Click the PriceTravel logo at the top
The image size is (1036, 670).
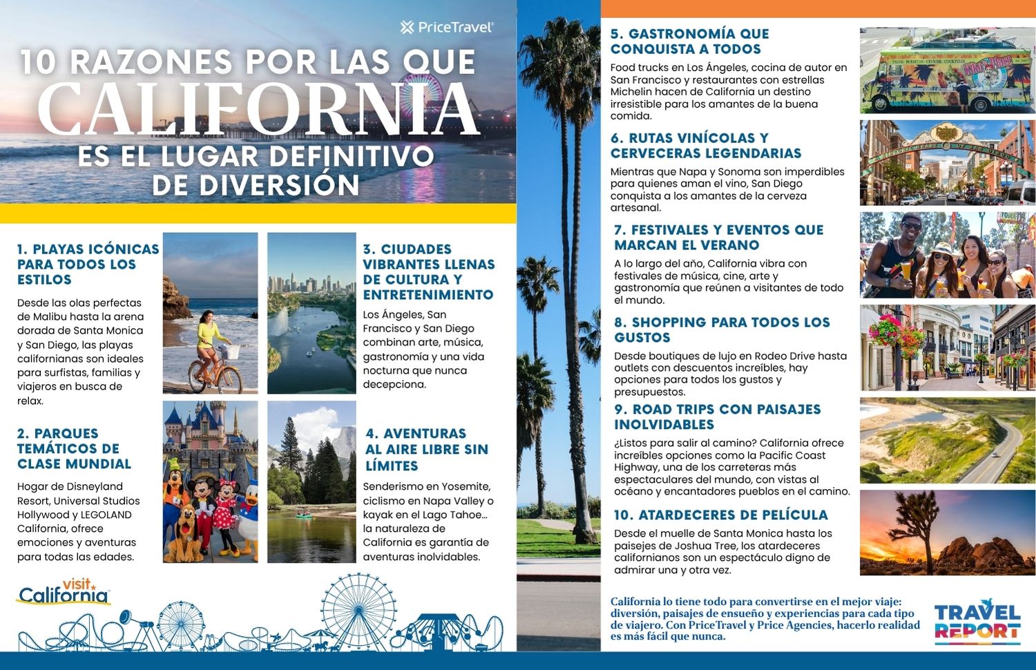pyautogui.click(x=447, y=28)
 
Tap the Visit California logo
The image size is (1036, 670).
pyautogui.click(x=64, y=592)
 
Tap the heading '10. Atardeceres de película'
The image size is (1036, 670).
pyautogui.click(x=720, y=515)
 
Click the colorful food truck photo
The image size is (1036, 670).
pyautogui.click(x=946, y=70)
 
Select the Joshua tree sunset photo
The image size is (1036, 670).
pyautogui.click(x=947, y=533)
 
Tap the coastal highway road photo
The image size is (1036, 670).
pyautogui.click(x=947, y=440)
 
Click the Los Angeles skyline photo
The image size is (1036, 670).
pyautogui.click(x=311, y=312)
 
